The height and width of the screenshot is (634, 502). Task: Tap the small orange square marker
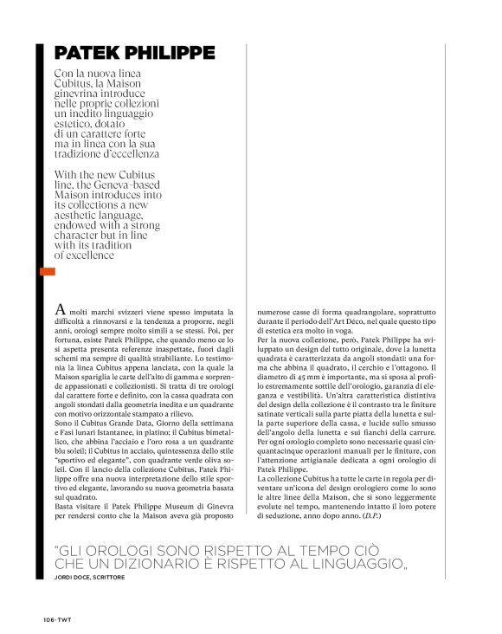(x=48, y=272)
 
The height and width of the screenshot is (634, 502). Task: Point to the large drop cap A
(x=60, y=309)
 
